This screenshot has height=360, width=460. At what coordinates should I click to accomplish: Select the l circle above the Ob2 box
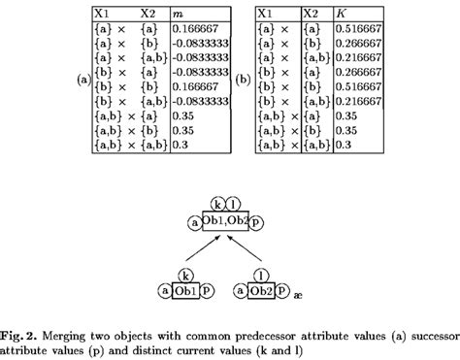[x=260, y=276]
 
